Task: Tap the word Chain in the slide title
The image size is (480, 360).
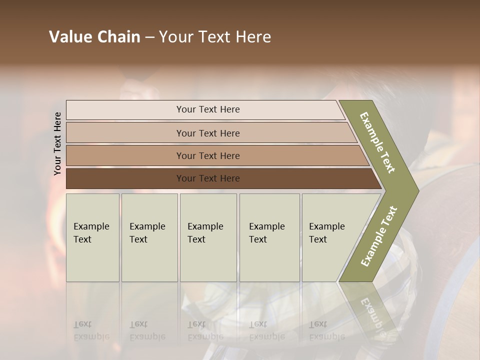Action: tap(119, 37)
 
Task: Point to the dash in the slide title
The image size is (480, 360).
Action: tap(149, 37)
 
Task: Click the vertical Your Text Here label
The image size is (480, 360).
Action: tap(57, 143)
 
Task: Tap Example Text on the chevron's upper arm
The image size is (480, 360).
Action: tap(377, 142)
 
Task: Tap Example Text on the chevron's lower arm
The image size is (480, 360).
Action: tap(379, 236)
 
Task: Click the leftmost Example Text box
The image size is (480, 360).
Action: tap(92, 237)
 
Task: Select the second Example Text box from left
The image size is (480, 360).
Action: tap(149, 237)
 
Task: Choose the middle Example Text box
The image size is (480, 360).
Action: tap(208, 237)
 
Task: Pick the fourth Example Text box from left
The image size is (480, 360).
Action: tap(269, 237)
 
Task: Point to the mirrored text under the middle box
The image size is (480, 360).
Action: tap(205, 330)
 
